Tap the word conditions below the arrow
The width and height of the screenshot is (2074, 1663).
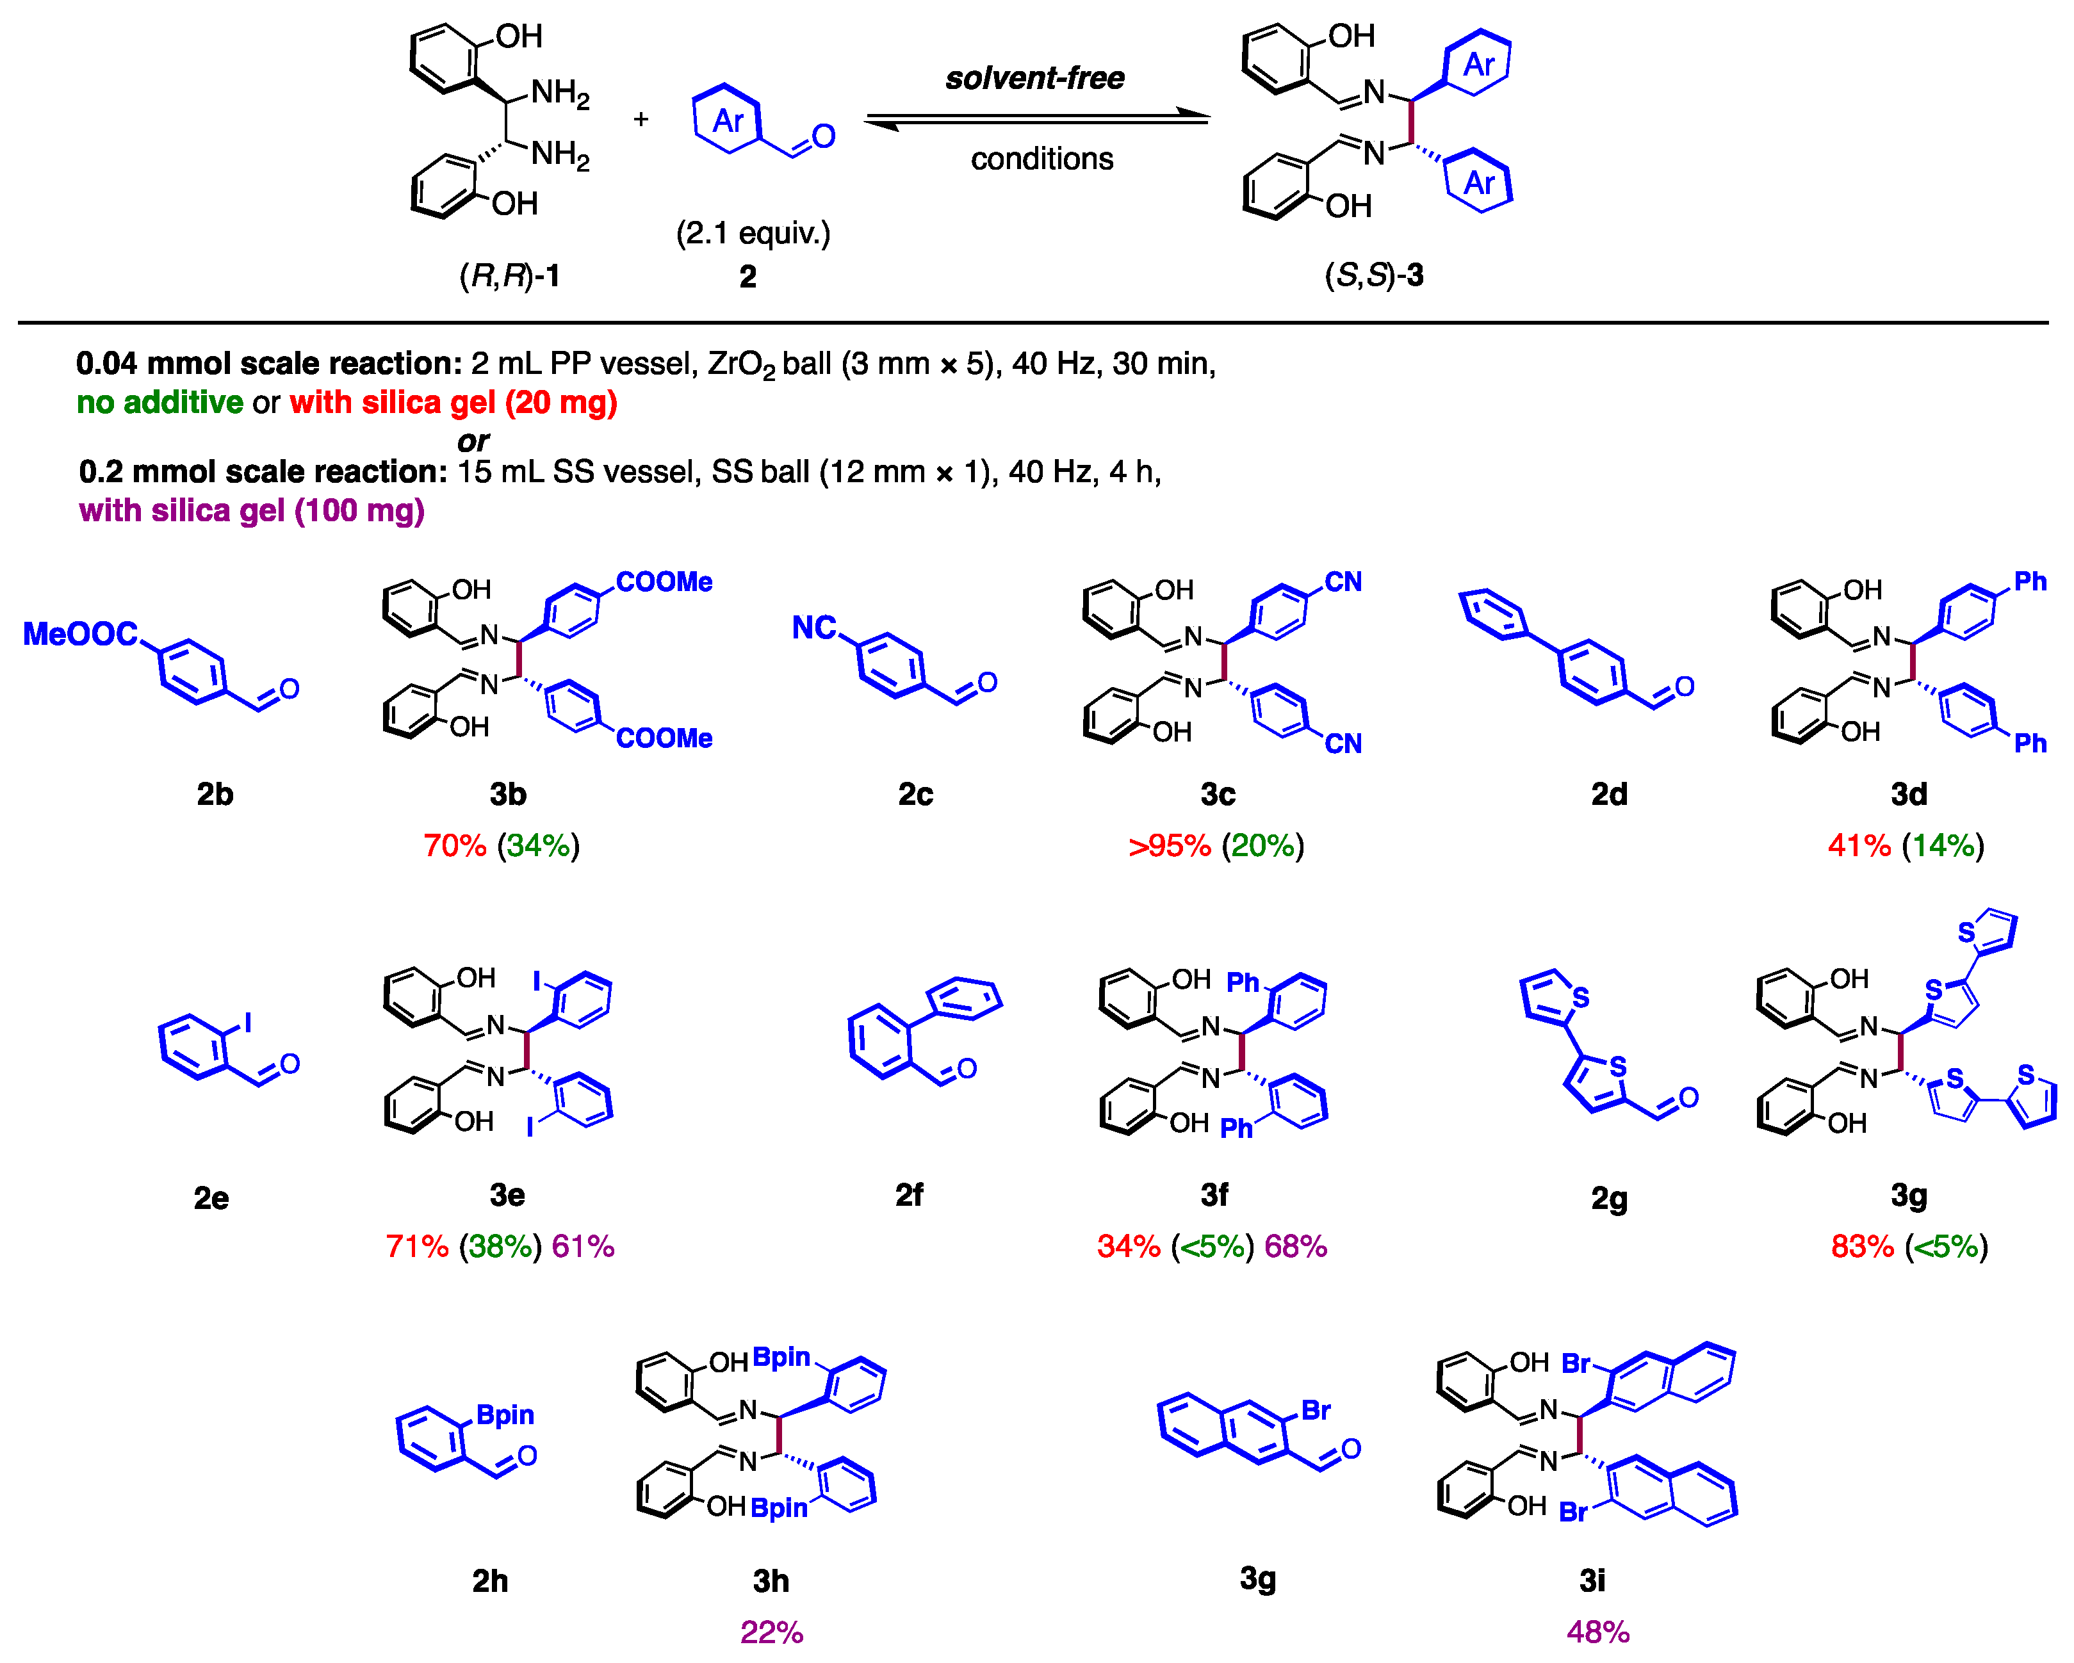pyautogui.click(x=1042, y=159)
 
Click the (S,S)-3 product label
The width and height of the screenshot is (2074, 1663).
pyautogui.click(x=1374, y=276)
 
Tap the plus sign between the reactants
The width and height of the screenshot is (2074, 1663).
pyautogui.click(x=641, y=119)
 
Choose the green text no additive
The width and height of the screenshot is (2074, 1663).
pyautogui.click(x=159, y=402)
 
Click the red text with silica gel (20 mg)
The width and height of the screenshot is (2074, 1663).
pyautogui.click(x=453, y=402)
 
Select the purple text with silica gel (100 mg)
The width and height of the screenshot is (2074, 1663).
pyautogui.click(x=252, y=511)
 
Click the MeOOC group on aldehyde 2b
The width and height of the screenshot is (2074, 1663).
pyautogui.click(x=81, y=634)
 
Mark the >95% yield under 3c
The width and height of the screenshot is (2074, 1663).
pyautogui.click(x=1169, y=847)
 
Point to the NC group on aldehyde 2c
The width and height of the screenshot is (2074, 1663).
pyautogui.click(x=814, y=628)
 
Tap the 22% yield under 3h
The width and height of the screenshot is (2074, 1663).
pyautogui.click(x=771, y=1632)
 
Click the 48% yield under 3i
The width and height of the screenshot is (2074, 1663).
pyautogui.click(x=1598, y=1632)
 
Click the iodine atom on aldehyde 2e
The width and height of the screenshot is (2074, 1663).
pyautogui.click(x=248, y=1023)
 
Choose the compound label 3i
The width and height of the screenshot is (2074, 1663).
pyautogui.click(x=1592, y=1580)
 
